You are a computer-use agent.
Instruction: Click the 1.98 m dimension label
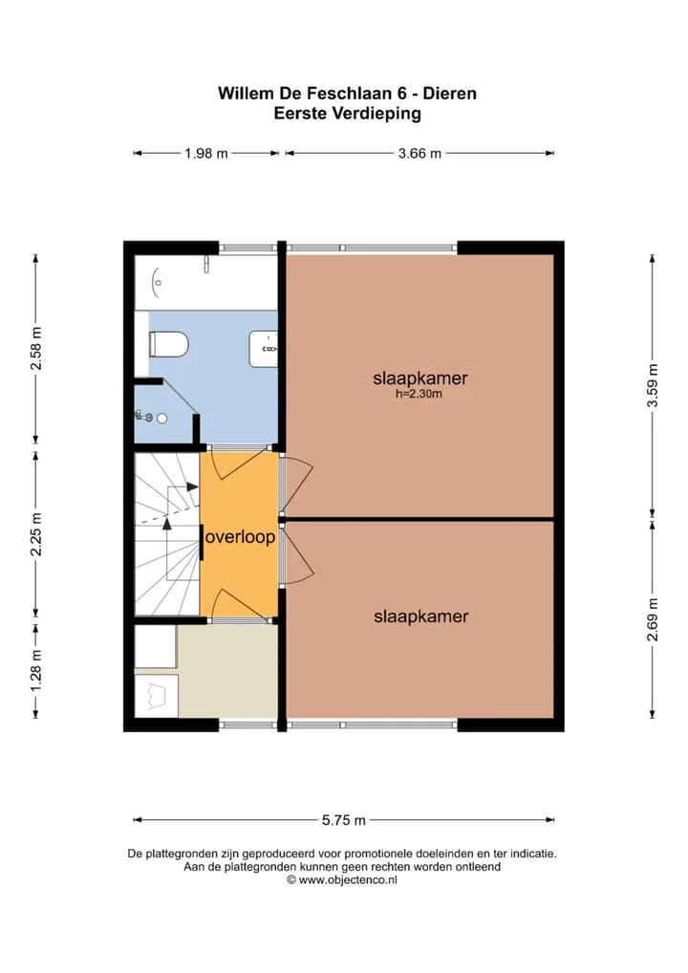coord(206,153)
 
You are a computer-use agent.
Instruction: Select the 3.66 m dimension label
coord(420,153)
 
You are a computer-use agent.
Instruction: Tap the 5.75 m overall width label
coord(344,820)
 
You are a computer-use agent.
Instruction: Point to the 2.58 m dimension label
coord(36,348)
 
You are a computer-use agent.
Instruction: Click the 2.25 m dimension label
coord(36,535)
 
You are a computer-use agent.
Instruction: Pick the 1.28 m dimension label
coord(36,671)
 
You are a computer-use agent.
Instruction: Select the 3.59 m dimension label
coord(652,385)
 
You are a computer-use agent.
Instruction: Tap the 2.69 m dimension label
coord(652,619)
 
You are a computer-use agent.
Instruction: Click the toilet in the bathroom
coord(168,344)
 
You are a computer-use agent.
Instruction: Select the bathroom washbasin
coord(263,349)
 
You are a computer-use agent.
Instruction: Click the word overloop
coord(240,537)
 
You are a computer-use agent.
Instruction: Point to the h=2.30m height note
coord(419,394)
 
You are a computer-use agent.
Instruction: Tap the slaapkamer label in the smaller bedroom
coord(421,616)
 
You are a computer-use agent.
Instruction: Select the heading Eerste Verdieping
coord(348,114)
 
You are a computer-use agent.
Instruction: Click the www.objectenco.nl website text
coord(348,879)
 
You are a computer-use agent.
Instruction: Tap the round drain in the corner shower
coord(161,419)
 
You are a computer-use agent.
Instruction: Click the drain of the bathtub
coord(158,283)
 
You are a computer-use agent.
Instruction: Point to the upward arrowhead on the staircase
coord(166,524)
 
